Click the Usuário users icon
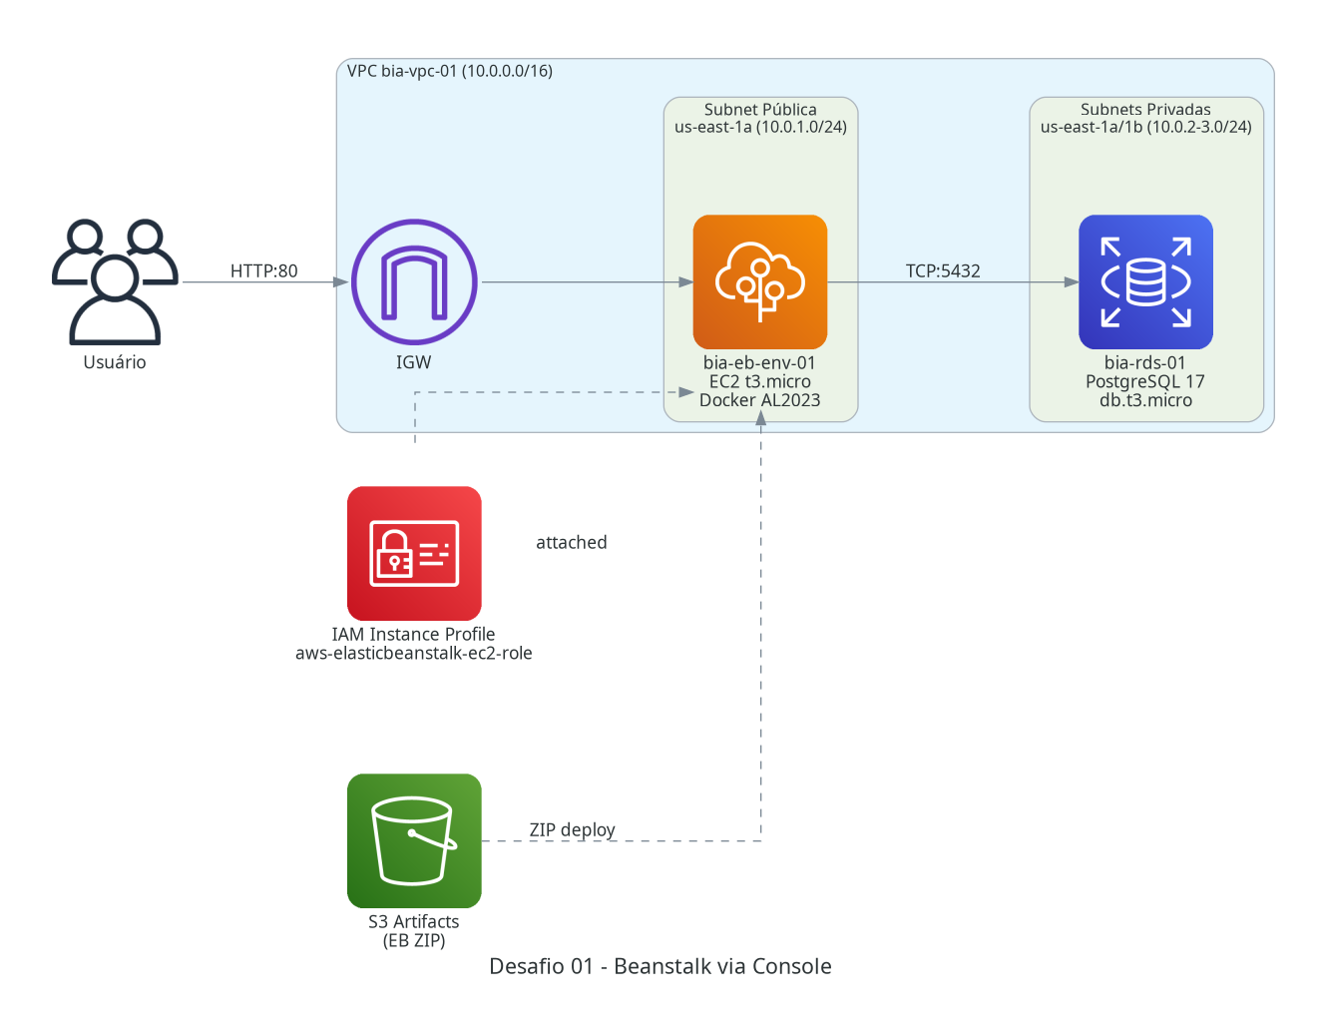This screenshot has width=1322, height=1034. coord(115,280)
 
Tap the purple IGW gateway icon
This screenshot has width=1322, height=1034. coord(414,281)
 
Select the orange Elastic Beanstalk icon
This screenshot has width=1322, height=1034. coord(759,281)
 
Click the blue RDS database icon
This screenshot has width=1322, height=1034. coord(1145,281)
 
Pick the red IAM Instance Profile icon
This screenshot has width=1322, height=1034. coord(414,553)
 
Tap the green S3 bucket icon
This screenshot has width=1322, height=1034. coord(414,839)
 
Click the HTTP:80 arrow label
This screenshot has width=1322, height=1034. coord(263,270)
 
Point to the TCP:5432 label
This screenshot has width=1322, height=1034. coord(943,270)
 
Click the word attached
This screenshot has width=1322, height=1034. coord(572,542)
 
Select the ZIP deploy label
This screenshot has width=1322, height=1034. coord(572,829)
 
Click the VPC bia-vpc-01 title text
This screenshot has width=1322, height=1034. coord(450,71)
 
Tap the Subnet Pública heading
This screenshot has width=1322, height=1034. coord(760,109)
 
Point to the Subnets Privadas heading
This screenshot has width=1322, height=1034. coord(1145,109)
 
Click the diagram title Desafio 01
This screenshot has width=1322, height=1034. coord(661,965)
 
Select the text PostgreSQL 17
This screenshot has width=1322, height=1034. coord(1144,381)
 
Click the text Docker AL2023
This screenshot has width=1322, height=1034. coord(759,400)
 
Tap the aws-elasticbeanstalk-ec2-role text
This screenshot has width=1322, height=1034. coord(414,653)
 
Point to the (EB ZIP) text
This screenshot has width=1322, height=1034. coord(414,940)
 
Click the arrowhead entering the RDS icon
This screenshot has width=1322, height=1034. coord(1071,281)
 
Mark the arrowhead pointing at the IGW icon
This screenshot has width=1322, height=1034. coord(340,281)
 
